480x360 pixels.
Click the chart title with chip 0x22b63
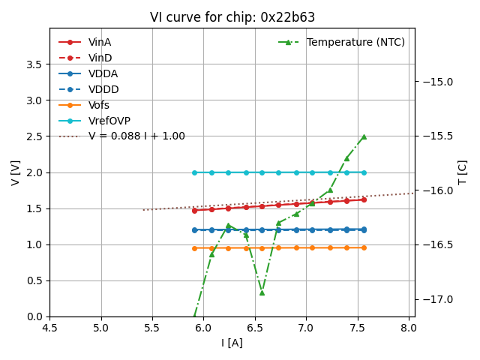[x=232, y=17]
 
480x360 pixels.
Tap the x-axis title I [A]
[x=232, y=343]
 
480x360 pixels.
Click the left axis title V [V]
[x=16, y=172]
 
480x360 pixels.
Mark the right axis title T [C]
[x=462, y=172]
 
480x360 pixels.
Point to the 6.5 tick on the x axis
[x=254, y=328]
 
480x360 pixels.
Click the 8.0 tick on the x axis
[x=408, y=328]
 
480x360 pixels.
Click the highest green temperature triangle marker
[x=364, y=136]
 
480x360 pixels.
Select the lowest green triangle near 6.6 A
[x=262, y=292]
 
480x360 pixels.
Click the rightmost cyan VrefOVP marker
[x=364, y=172]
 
